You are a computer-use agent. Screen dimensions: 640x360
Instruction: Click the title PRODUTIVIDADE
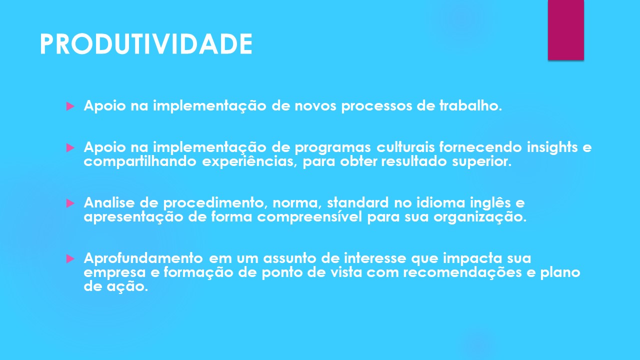[146, 43]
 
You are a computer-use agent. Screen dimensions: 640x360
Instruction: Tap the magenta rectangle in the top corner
[565, 29]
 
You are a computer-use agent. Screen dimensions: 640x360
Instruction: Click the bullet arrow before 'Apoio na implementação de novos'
[70, 106]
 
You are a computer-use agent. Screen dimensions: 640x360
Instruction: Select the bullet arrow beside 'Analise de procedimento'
[70, 203]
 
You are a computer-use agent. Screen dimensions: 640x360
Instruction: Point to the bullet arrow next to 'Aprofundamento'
[70, 259]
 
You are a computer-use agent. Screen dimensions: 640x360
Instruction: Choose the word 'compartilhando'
[140, 162]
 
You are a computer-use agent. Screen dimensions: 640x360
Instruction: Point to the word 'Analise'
[109, 202]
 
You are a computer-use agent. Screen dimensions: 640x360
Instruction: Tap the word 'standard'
[357, 202]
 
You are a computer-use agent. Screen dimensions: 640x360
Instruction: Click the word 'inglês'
[490, 203]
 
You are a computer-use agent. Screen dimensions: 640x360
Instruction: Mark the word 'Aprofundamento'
[143, 258]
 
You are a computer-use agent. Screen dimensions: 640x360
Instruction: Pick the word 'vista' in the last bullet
[346, 272]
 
